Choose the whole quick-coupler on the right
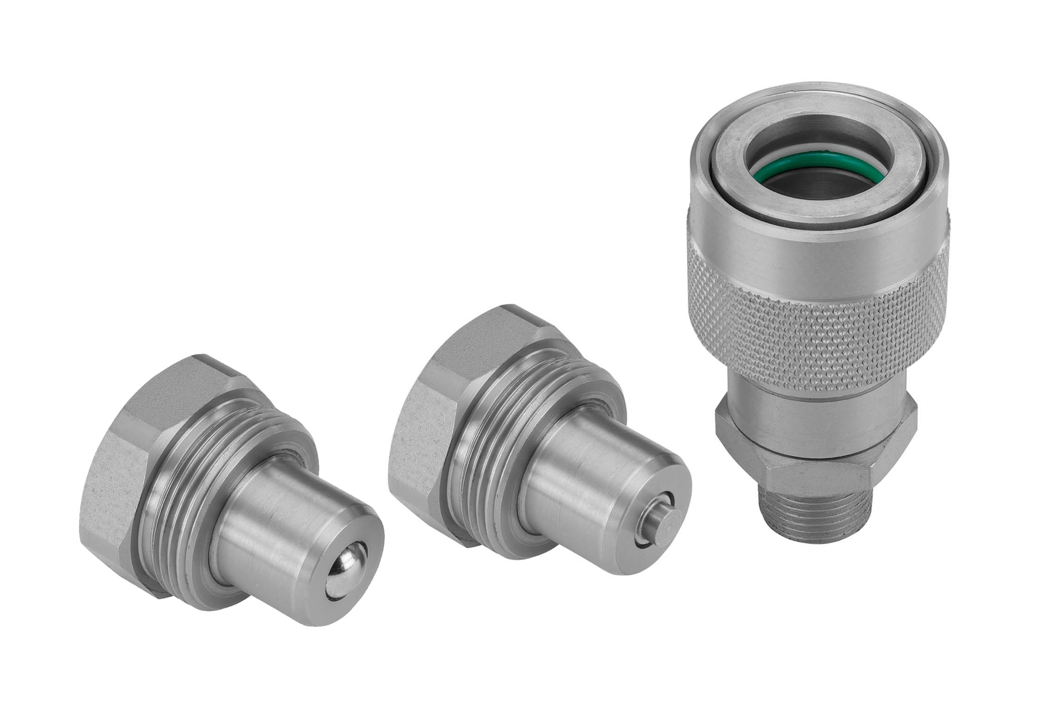817,311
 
